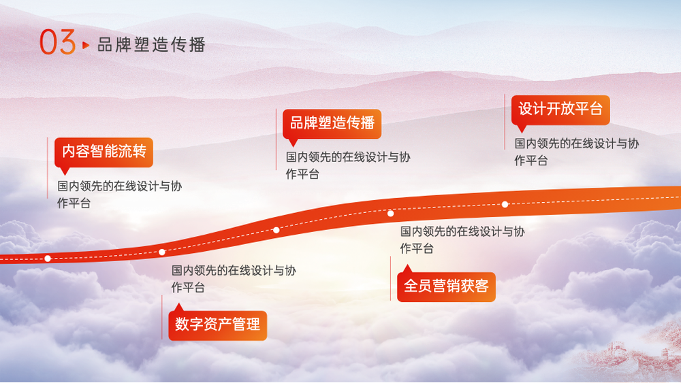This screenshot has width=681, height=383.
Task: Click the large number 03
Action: (58, 42)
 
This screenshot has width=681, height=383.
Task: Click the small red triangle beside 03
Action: (86, 45)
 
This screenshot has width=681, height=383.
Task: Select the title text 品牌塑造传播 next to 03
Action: (151, 45)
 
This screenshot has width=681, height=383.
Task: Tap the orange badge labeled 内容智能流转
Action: (104, 152)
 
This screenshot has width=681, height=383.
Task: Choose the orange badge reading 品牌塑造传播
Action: (332, 124)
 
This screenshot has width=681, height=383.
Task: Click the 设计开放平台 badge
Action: (560, 110)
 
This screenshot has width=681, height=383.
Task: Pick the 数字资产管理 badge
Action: (218, 325)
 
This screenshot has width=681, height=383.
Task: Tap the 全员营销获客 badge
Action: (446, 286)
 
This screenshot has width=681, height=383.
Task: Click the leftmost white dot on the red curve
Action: (48, 259)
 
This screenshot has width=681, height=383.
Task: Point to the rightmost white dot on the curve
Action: (505, 204)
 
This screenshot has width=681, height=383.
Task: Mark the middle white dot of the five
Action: (276, 230)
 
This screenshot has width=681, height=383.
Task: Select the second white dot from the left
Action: (162, 252)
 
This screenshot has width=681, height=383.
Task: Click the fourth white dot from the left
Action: (390, 214)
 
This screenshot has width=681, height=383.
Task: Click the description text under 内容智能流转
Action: (119, 195)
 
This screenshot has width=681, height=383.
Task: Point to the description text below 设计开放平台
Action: (577, 152)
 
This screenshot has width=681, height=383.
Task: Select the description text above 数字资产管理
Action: (234, 279)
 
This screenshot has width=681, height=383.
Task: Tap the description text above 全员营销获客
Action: (462, 240)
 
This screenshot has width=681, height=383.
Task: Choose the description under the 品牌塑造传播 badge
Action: (348, 165)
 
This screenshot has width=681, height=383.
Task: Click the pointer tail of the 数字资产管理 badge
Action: (178, 307)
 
